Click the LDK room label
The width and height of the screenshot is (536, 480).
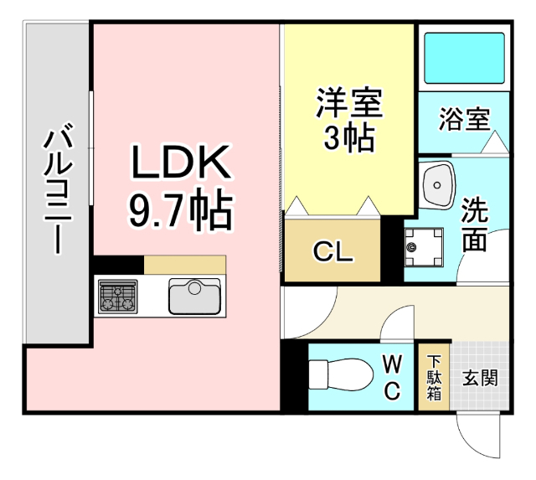179,163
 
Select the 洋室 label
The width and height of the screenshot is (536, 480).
349,105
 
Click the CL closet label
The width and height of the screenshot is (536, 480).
332,251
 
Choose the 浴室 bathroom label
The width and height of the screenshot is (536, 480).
464,120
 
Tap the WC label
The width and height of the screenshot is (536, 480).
393,376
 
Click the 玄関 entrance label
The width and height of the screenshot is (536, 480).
480,377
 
